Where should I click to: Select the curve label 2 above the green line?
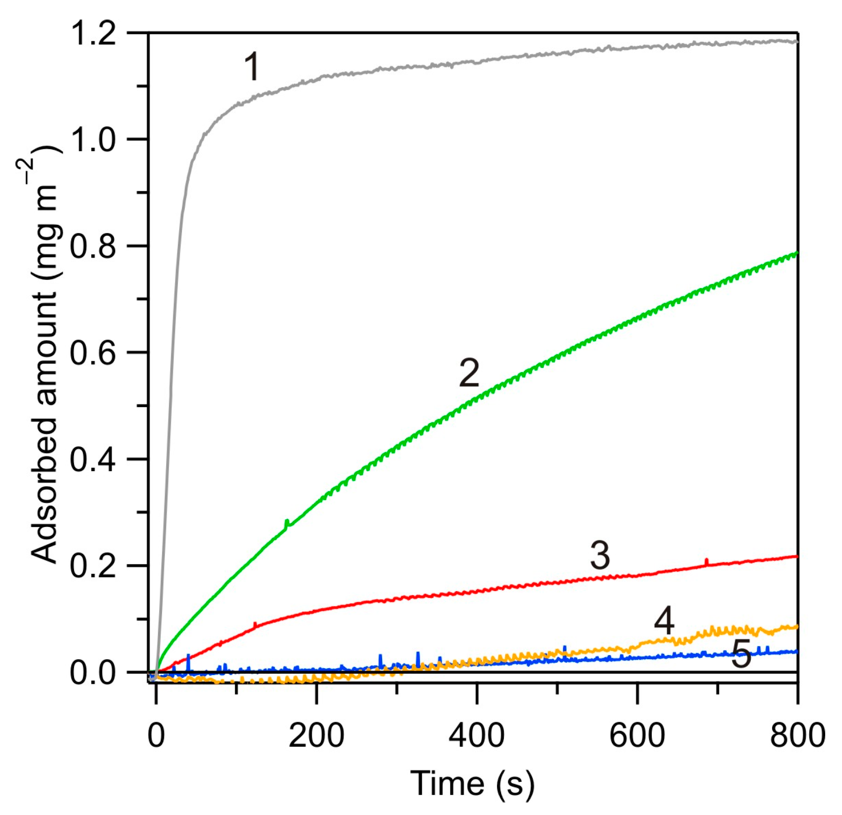(469, 373)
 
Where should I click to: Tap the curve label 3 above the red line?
(600, 555)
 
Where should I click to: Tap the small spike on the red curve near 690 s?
(706, 562)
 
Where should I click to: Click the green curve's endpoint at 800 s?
(796, 253)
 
